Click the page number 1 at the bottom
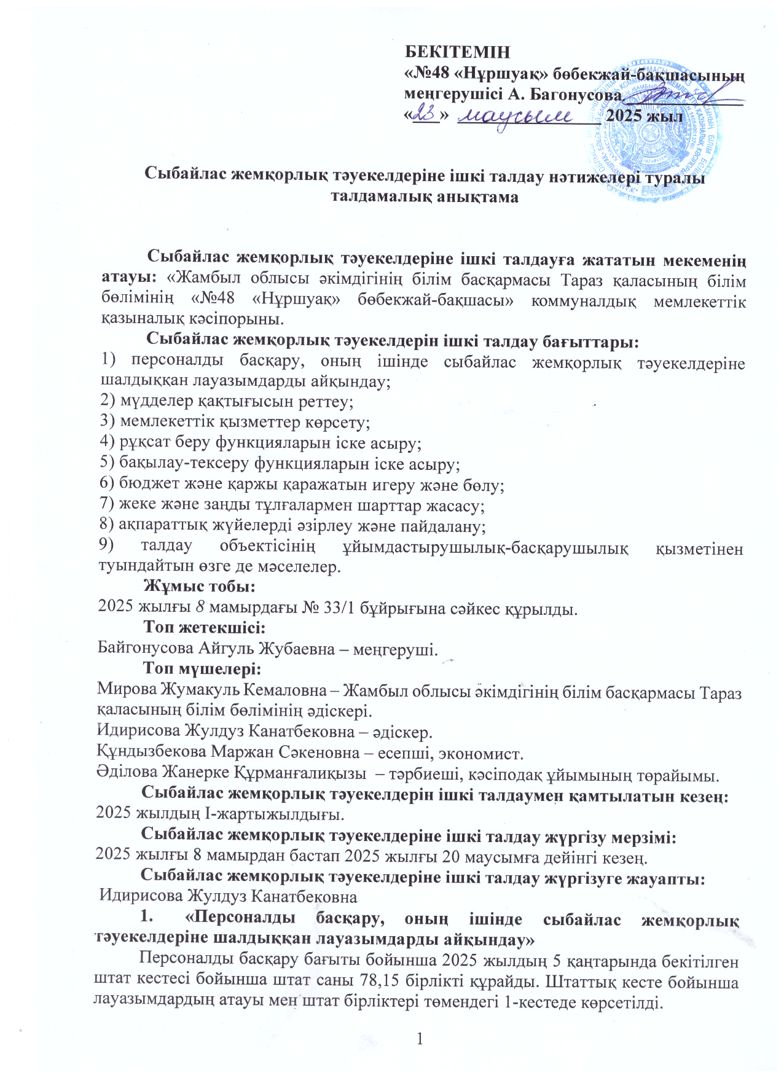(420, 1039)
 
